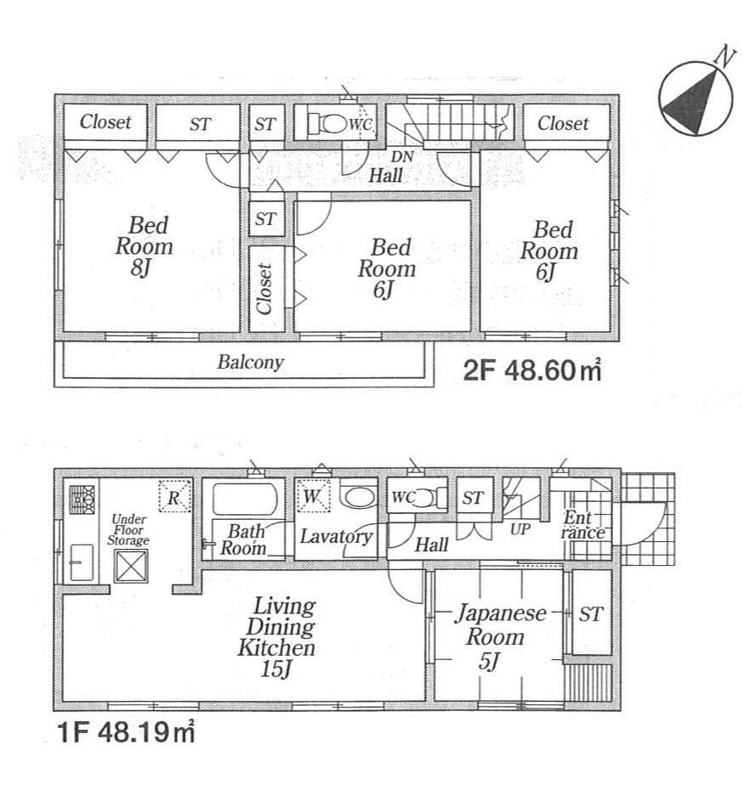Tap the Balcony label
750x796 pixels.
click(250, 363)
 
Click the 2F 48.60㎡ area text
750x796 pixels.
click(532, 371)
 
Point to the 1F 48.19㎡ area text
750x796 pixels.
click(127, 730)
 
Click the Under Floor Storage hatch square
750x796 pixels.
click(132, 566)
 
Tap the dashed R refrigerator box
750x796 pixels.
click(173, 498)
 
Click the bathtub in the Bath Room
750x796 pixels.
click(245, 500)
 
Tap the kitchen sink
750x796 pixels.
click(82, 562)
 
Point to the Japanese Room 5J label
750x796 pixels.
click(497, 636)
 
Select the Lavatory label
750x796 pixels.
click(335, 537)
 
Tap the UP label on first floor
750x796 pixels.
click(519, 528)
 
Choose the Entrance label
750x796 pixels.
click(583, 526)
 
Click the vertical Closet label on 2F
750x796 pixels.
click(264, 288)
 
